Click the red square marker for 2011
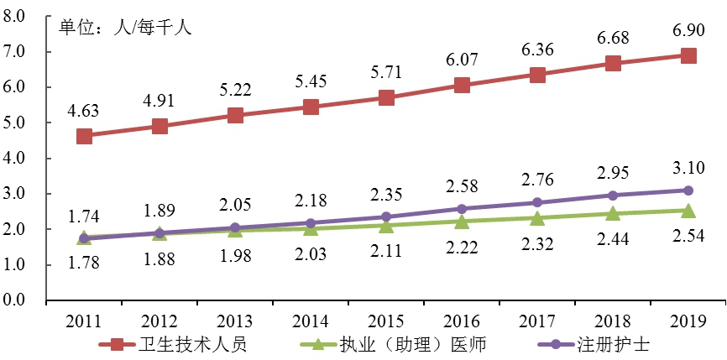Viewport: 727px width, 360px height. coord(84,136)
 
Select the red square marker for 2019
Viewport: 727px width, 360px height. coord(688,55)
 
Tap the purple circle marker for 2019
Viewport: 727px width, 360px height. coord(688,190)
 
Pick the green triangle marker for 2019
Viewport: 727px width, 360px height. coord(688,210)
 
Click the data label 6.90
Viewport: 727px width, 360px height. coord(688,30)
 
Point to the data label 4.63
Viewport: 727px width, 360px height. coord(84,110)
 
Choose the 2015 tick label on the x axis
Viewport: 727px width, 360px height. coord(386,321)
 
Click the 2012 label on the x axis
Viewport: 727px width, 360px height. coord(160,321)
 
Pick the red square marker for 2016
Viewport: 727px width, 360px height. coord(462,85)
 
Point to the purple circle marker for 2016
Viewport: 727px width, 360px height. coord(462,208)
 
